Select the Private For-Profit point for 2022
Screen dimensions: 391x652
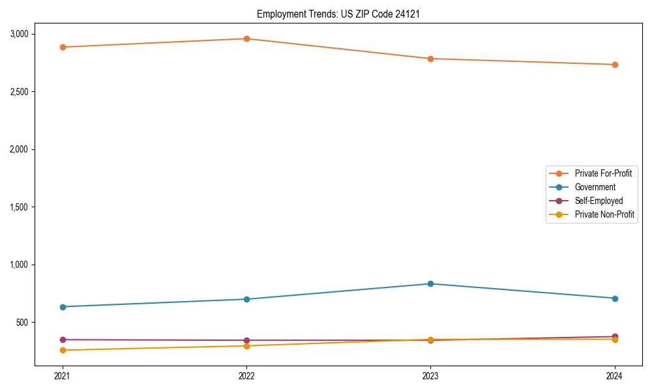[246, 38]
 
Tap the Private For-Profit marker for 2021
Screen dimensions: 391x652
[63, 47]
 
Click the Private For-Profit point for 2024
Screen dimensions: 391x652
[615, 65]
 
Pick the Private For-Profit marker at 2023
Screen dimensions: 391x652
[431, 59]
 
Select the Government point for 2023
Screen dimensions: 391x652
[431, 283]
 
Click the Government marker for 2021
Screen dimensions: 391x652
[63, 307]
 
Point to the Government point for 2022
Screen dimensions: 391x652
[246, 299]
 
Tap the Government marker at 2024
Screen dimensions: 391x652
[615, 298]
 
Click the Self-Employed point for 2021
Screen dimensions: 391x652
[63, 340]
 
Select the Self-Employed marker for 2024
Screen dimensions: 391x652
[615, 336]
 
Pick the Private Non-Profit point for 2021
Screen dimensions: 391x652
[63, 350]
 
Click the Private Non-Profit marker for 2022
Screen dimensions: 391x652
[246, 345]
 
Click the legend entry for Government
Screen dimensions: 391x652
[595, 187]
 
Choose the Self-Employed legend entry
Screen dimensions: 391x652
[599, 201]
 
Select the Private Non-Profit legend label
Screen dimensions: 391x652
[604, 214]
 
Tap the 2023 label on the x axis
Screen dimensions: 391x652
[431, 376]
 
